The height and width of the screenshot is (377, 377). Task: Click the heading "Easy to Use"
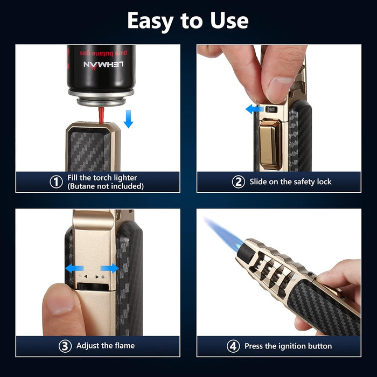[188, 21]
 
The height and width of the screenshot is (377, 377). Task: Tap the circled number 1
[56, 182]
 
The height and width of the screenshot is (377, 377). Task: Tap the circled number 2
[238, 182]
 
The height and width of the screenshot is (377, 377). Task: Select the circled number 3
[65, 346]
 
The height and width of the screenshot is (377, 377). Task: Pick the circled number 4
[233, 346]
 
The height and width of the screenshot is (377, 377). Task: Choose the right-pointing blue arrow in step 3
[109, 268]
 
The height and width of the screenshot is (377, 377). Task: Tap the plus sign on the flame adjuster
[102, 276]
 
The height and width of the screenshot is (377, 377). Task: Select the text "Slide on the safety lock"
[290, 182]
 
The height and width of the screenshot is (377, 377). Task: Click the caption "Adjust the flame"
[106, 346]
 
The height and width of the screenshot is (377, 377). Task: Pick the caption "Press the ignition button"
[288, 346]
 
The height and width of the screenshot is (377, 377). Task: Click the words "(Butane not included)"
[106, 186]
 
